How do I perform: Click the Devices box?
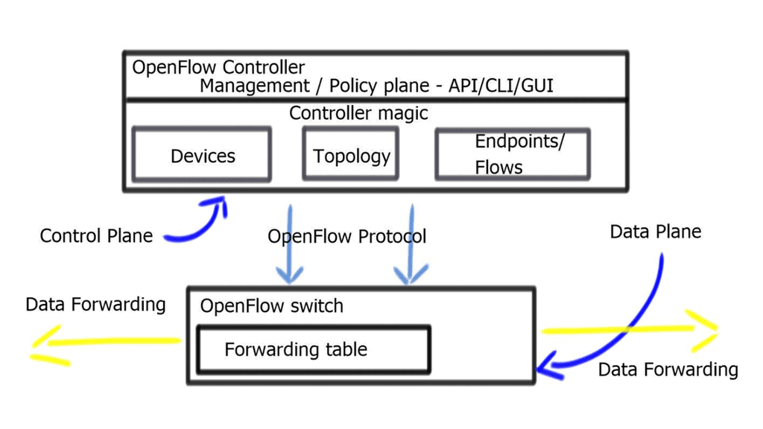click(201, 155)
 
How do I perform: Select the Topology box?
click(351, 155)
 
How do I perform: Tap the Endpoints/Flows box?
click(513, 155)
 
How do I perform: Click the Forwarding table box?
click(313, 349)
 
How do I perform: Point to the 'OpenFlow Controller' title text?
click(218, 67)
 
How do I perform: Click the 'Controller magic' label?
click(358, 113)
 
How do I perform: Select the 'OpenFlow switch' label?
click(272, 305)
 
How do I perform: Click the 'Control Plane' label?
click(96, 236)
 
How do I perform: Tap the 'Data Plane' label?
click(656, 232)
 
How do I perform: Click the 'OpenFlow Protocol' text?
click(346, 237)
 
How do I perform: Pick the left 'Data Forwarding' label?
click(95, 304)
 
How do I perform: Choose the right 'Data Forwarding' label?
click(668, 369)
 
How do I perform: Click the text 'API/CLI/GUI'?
click(501, 86)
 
